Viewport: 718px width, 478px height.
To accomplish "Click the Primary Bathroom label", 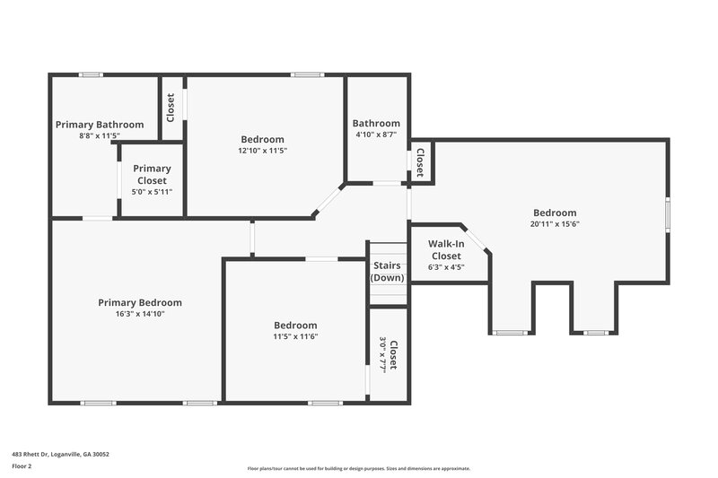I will (x=100, y=125).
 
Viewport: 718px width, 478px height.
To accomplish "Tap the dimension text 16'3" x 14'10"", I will (x=140, y=314).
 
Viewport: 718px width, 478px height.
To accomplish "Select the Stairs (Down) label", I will (x=388, y=272).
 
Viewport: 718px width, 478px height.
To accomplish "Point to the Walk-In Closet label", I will (x=445, y=249).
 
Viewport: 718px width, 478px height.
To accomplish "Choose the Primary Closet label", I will (x=152, y=174).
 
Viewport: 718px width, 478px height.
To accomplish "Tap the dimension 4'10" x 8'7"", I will (x=376, y=135).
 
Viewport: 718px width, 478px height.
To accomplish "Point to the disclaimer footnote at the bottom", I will (x=358, y=468).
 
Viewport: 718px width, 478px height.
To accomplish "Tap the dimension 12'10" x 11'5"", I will (x=263, y=151).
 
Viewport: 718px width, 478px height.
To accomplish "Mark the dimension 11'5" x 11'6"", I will (x=294, y=336).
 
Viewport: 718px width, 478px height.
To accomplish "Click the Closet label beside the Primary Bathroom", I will (x=171, y=108).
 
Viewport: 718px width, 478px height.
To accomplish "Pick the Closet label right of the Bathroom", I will (x=419, y=161).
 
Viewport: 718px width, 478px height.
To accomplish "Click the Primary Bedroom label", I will (x=140, y=303).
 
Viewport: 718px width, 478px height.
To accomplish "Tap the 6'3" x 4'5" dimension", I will (x=445, y=266).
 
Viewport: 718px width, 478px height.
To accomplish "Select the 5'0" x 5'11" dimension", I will (x=152, y=192).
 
